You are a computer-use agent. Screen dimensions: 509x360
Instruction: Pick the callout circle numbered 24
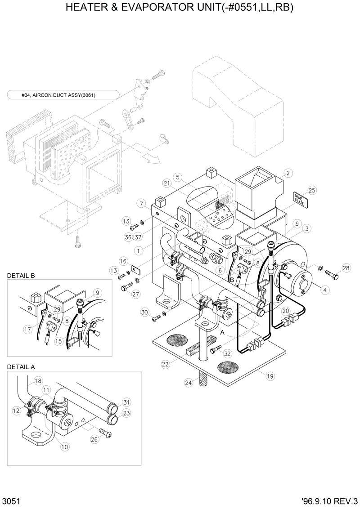188,382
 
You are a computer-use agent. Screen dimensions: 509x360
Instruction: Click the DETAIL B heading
21,276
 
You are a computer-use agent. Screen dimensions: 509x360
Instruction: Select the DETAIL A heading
21,366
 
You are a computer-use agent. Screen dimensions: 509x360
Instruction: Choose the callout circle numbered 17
27,329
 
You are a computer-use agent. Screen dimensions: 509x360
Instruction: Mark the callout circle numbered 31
126,402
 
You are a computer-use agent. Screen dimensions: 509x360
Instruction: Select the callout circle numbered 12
17,410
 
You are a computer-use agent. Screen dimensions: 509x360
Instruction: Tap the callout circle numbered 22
166,364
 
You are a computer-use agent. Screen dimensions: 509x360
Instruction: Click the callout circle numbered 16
122,261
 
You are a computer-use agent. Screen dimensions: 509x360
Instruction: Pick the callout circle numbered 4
324,290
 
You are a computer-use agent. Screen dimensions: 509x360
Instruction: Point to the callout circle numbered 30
144,313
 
